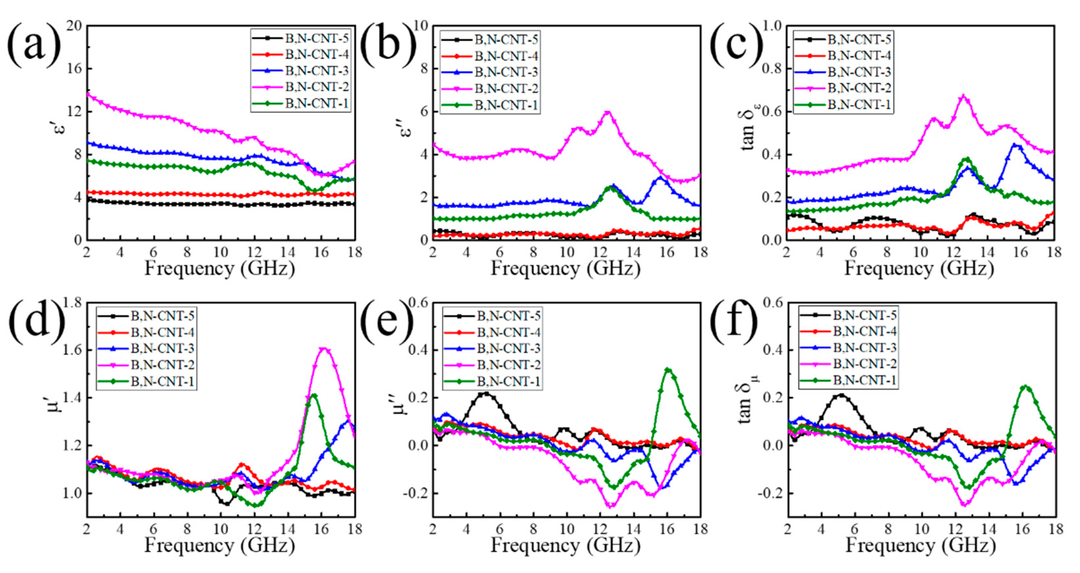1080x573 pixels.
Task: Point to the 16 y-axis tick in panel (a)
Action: tap(73, 69)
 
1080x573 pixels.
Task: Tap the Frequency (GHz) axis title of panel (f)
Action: tap(920, 546)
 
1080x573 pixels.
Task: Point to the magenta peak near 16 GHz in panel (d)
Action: tap(323, 349)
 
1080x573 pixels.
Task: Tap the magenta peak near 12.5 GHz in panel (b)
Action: tap(608, 112)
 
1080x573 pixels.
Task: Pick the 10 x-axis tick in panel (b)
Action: tap(567, 252)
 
